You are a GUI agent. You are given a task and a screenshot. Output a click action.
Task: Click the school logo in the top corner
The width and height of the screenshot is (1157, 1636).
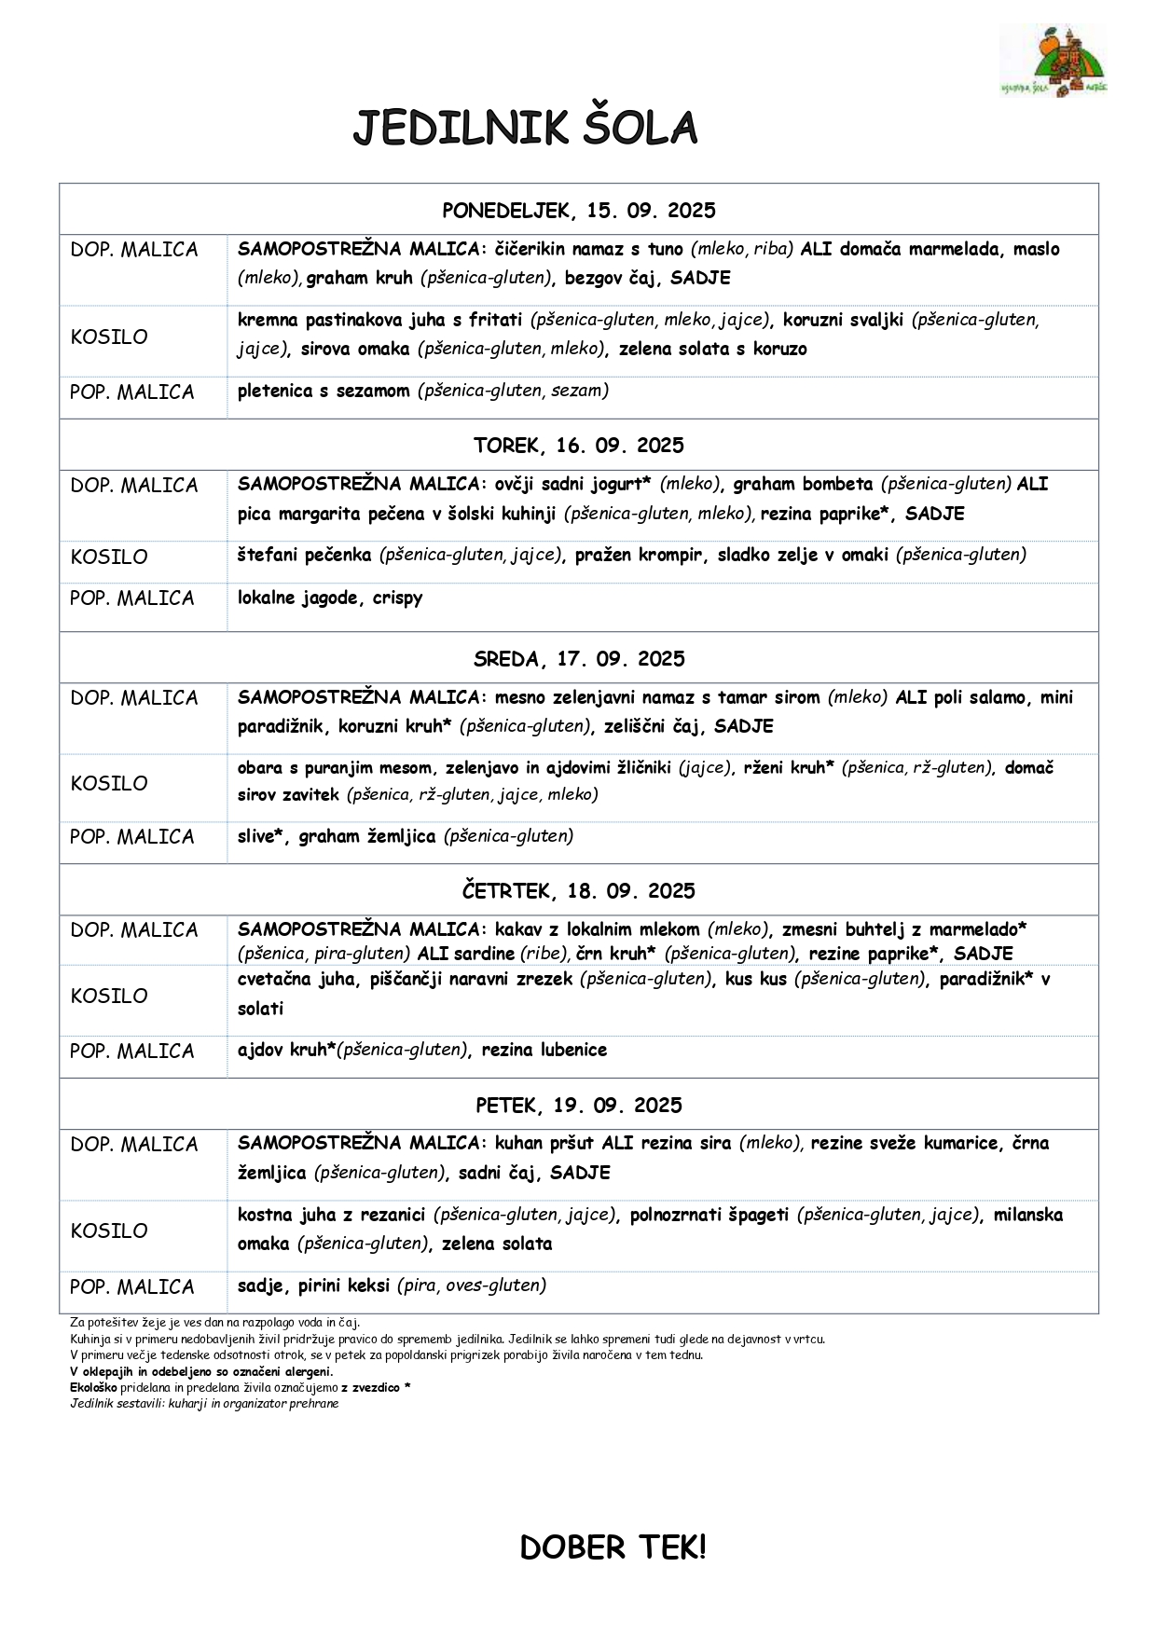tap(1053, 62)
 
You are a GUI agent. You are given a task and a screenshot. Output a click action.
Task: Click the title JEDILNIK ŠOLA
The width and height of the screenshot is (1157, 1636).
tap(525, 129)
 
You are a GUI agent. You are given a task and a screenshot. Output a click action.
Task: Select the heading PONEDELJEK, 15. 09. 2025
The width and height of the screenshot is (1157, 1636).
tap(578, 211)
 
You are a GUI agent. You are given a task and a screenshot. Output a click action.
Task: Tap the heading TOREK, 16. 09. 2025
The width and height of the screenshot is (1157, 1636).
tap(578, 446)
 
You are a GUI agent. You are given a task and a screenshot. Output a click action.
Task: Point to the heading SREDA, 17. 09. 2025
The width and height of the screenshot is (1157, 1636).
tap(578, 659)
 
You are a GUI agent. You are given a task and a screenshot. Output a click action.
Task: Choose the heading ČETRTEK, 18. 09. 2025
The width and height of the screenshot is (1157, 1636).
tap(578, 891)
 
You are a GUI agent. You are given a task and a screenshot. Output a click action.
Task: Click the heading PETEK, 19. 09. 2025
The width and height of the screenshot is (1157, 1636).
tap(578, 1106)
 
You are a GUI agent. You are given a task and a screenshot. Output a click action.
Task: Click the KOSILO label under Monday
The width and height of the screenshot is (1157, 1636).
tap(109, 337)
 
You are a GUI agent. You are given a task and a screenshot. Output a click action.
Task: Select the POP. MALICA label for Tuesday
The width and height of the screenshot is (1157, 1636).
tap(131, 598)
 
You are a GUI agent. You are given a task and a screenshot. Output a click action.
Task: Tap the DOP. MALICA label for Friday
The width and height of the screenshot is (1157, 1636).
tap(134, 1145)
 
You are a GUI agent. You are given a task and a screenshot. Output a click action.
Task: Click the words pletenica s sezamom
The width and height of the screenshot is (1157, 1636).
tap(324, 392)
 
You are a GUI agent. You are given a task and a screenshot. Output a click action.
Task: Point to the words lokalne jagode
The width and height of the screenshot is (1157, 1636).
tap(297, 598)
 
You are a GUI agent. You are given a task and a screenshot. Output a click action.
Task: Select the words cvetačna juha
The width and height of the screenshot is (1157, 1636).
tap(296, 980)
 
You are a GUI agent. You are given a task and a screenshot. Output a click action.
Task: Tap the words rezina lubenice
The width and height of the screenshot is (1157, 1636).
tap(544, 1051)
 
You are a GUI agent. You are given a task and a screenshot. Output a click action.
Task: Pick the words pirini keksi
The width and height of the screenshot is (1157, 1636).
tap(343, 1286)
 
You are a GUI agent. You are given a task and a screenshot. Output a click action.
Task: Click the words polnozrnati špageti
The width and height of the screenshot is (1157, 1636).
tap(709, 1216)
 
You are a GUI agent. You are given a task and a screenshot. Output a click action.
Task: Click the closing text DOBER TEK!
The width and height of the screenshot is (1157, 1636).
tap(613, 1548)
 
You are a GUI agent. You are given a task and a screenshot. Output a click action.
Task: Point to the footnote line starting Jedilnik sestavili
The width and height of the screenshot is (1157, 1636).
tap(204, 1404)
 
